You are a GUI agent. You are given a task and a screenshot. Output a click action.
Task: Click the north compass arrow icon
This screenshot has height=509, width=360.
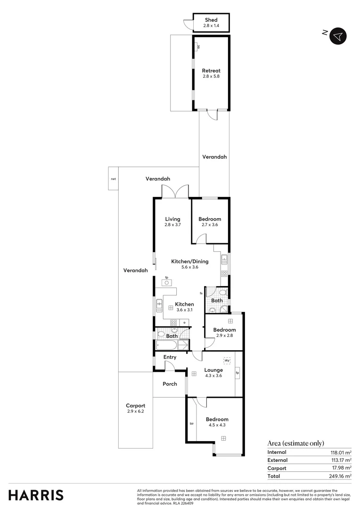click(338, 36)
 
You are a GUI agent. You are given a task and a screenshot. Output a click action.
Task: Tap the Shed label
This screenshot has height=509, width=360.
click(211, 20)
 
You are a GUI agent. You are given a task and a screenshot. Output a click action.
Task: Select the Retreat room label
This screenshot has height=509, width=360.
click(211, 71)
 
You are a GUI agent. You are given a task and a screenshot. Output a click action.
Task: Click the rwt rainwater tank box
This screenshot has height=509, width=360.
click(113, 179)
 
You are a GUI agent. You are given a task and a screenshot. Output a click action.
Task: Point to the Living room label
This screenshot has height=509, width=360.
click(172, 219)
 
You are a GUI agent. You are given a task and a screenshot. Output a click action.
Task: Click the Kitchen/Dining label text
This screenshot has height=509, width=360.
click(189, 261)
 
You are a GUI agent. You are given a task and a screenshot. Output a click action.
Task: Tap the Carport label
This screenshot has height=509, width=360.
click(135, 406)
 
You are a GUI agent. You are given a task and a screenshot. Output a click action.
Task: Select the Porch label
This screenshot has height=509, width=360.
click(170, 384)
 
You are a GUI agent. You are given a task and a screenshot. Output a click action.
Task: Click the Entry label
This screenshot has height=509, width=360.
click(170, 357)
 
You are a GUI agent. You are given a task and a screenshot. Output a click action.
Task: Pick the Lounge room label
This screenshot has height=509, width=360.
click(213, 370)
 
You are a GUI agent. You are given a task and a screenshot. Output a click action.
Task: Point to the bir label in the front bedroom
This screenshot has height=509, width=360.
click(192, 424)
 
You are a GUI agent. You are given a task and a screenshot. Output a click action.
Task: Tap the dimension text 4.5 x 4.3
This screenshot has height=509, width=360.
click(217, 425)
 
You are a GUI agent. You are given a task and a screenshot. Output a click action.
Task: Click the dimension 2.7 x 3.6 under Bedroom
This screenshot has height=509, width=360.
click(210, 225)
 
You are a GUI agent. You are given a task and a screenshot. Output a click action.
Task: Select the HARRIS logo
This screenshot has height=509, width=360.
click(36, 495)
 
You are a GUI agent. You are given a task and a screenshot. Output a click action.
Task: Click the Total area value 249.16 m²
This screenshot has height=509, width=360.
click(340, 476)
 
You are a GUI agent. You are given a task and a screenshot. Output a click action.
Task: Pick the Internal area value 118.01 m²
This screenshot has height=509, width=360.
click(340, 452)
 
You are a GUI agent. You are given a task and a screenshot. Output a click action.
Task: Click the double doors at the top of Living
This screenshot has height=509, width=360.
click(175, 191)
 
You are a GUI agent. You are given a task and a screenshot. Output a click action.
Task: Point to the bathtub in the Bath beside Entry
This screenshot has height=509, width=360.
click(171, 346)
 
